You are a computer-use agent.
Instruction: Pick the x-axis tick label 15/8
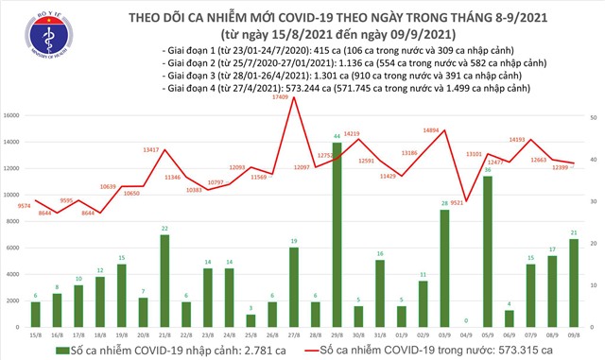pyautogui.click(x=34, y=334)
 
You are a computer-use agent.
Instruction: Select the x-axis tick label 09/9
pyautogui.click(x=575, y=334)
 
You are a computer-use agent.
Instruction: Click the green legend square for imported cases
pyautogui.click(x=63, y=351)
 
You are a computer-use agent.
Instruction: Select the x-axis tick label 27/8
pyautogui.click(x=293, y=334)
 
